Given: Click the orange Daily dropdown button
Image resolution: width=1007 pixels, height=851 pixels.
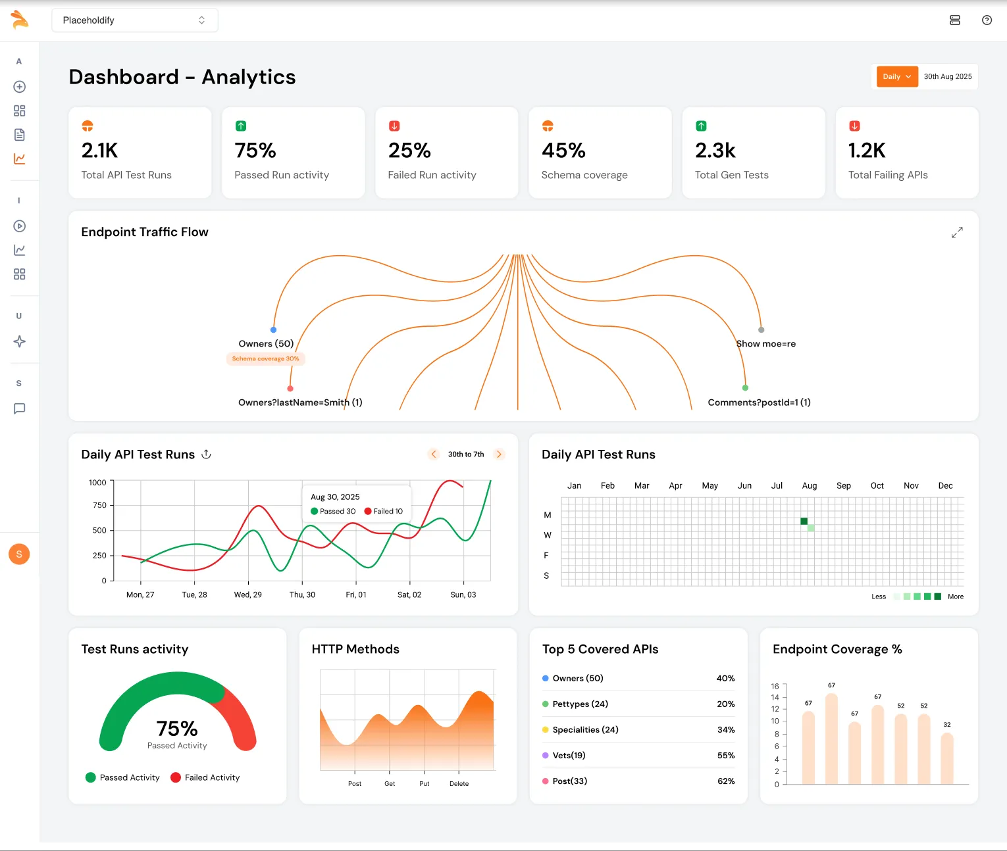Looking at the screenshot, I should click(x=897, y=76).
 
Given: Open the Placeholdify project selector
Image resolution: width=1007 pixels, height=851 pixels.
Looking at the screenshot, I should click(x=134, y=20).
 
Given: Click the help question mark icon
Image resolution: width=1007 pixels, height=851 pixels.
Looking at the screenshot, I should click(x=987, y=20).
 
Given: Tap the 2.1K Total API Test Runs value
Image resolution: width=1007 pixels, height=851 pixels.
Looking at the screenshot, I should click(x=99, y=151).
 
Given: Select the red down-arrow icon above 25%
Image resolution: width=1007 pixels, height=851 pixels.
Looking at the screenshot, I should click(x=394, y=126).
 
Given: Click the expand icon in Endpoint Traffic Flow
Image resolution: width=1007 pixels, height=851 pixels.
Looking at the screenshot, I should click(x=957, y=232).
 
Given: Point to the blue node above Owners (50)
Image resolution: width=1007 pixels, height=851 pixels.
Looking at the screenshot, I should click(x=273, y=329).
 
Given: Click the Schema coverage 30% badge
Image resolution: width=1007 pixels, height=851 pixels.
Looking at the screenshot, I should click(x=265, y=358).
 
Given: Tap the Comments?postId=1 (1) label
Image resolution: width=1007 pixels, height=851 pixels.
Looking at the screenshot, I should click(x=759, y=402).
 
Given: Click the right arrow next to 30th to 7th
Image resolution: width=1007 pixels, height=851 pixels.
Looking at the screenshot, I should click(x=499, y=454).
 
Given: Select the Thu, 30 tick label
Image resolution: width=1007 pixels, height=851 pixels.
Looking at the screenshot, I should click(x=302, y=595).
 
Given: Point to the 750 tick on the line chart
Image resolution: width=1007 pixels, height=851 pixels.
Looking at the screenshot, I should click(x=99, y=505).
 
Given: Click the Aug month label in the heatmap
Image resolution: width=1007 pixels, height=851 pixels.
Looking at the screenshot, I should click(x=810, y=485).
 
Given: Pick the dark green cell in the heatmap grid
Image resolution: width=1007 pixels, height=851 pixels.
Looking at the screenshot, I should click(x=804, y=521).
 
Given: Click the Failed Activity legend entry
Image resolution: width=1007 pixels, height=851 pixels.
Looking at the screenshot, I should click(x=205, y=777).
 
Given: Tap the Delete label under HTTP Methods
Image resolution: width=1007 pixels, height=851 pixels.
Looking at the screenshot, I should click(x=459, y=783).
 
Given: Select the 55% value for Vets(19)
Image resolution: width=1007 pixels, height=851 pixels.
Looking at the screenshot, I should click(x=726, y=755).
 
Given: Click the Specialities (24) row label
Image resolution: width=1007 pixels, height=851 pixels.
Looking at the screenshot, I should click(x=585, y=729).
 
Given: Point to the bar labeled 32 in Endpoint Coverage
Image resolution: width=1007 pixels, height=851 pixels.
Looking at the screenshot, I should click(x=947, y=758).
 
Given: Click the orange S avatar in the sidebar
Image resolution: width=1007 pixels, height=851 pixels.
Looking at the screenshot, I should click(x=19, y=554).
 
